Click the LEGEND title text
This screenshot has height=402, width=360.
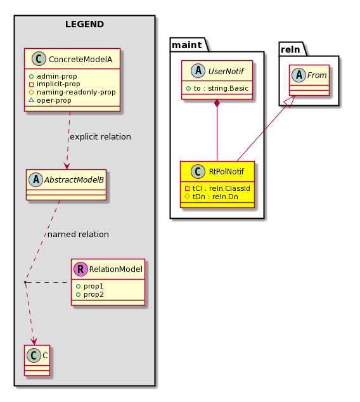coord(84,24)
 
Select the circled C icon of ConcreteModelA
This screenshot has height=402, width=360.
coord(39,59)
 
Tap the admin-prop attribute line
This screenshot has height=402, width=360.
coord(53,76)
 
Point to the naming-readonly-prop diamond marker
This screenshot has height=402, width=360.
coord(31,92)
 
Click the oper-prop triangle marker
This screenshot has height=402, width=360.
coord(31,100)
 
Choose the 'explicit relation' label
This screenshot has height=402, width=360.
coord(100,137)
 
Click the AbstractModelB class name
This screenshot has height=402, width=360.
coord(74,179)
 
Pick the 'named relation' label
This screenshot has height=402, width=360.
coord(78,235)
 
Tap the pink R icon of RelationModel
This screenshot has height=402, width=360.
coord(80,269)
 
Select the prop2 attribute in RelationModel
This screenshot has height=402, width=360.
coord(90,294)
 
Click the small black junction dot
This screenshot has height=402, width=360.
coord(25,282)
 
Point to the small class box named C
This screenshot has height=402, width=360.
coord(37,360)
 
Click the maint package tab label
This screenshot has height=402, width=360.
coord(187,45)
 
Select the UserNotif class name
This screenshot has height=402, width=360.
coord(226,71)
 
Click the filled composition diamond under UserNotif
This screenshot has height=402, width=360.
coord(217,103)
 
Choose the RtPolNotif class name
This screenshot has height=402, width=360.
coord(226,171)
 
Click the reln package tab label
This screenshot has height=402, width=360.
coord(290,49)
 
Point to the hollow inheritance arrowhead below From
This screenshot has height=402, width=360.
coord(289,101)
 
